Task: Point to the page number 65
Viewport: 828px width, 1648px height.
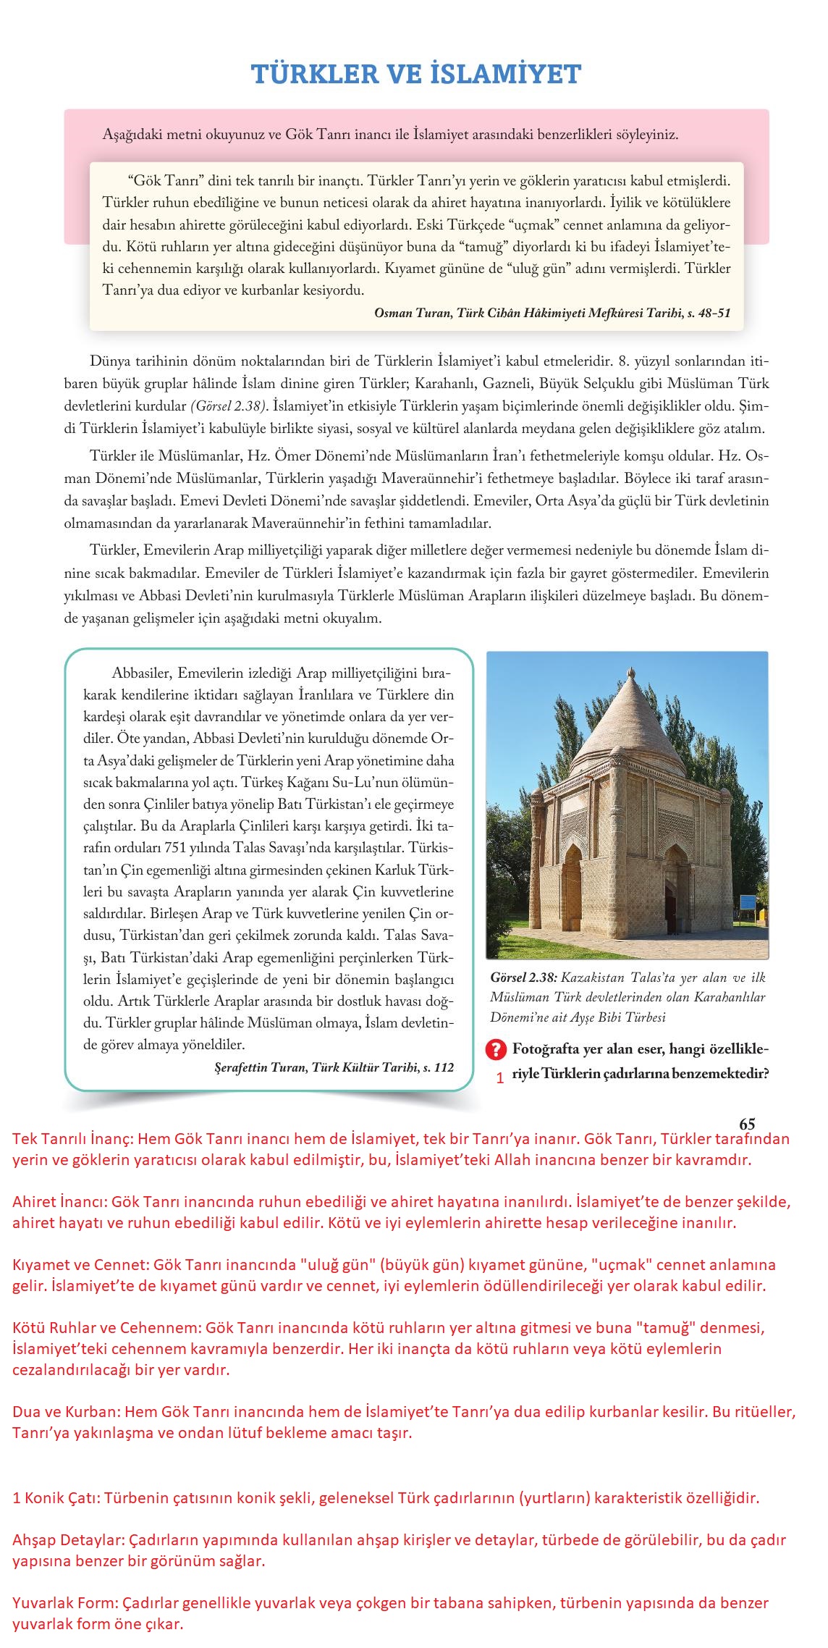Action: pyautogui.click(x=747, y=1124)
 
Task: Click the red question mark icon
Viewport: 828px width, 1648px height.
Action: pyautogui.click(x=497, y=1049)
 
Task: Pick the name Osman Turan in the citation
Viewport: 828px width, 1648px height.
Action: pyautogui.click(x=408, y=313)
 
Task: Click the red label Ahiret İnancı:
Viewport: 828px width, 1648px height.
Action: pyautogui.click(x=59, y=1202)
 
